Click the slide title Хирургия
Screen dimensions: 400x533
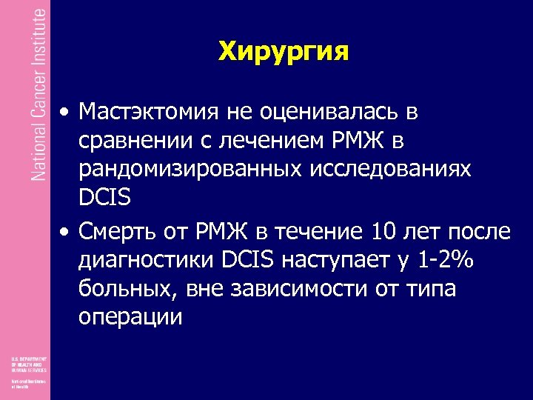pos(284,51)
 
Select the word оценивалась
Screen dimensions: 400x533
pos(326,112)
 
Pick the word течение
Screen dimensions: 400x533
pos(318,232)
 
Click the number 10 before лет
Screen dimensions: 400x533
pos(381,232)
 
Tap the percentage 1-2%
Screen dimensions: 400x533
pos(447,261)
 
